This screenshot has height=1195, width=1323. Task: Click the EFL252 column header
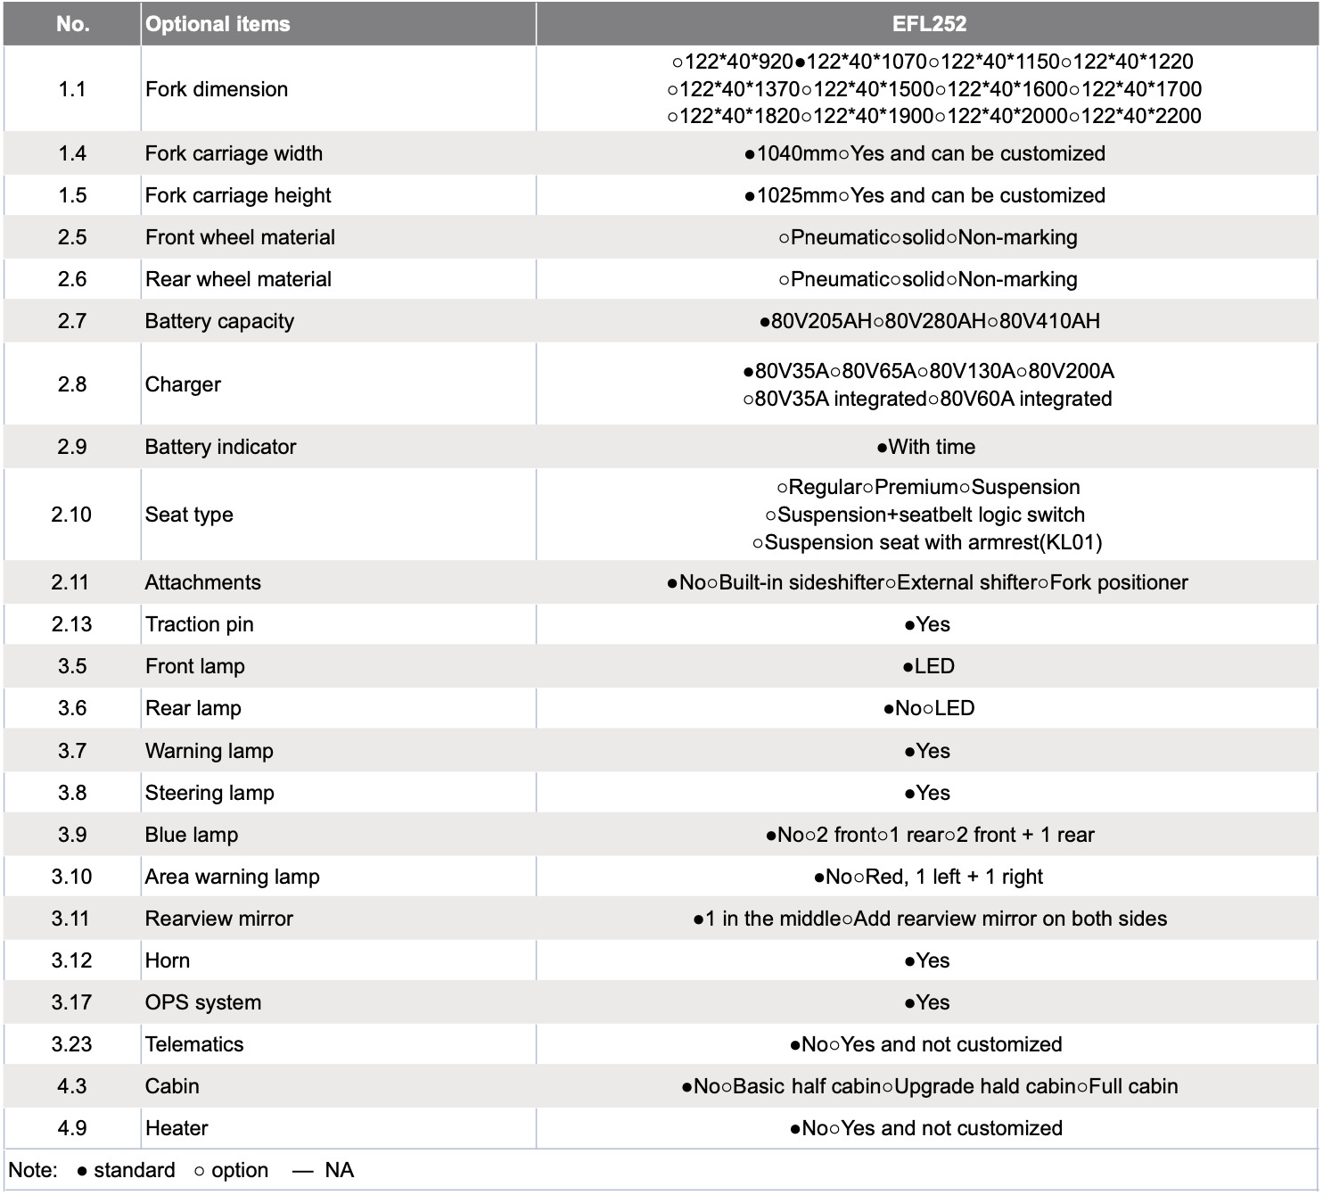pyautogui.click(x=929, y=24)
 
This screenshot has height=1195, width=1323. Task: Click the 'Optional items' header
pyautogui.click(x=218, y=24)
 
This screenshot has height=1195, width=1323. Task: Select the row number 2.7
pyautogui.click(x=71, y=321)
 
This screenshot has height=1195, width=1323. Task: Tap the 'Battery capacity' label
pyautogui.click(x=219, y=321)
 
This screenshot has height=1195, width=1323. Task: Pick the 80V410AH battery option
pyautogui.click(x=1049, y=321)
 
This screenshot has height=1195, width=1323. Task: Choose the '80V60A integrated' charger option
pyautogui.click(x=1025, y=399)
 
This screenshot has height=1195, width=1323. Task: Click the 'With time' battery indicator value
pyautogui.click(x=932, y=447)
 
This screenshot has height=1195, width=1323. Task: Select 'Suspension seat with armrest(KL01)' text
pyautogui.click(x=933, y=542)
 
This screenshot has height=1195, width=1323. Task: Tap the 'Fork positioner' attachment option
pyautogui.click(x=1119, y=582)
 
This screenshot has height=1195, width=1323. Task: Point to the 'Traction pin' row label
pyautogui.click(x=199, y=624)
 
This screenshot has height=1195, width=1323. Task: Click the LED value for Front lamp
pyautogui.click(x=934, y=666)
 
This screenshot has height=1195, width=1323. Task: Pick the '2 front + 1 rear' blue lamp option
pyautogui.click(x=1024, y=835)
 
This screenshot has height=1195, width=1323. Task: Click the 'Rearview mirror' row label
pyautogui.click(x=218, y=919)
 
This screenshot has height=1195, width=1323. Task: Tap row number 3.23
pyautogui.click(x=71, y=1044)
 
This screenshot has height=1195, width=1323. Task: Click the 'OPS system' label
pyautogui.click(x=203, y=1002)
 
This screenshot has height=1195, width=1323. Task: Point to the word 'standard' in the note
pyautogui.click(x=134, y=1170)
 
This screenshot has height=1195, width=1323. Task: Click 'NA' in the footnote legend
pyautogui.click(x=339, y=1170)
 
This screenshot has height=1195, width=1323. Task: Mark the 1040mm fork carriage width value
pyautogui.click(x=796, y=153)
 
